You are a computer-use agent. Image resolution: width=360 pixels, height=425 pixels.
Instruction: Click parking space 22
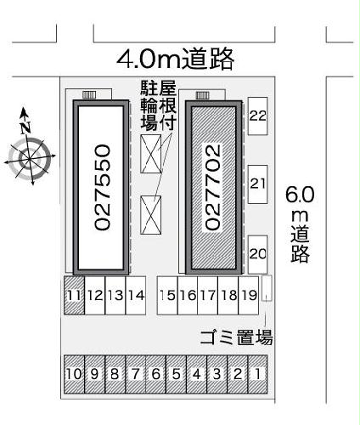tap(258, 116)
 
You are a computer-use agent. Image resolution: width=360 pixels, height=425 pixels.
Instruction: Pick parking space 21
tap(258, 184)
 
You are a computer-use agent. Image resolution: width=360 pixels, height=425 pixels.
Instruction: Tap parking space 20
tap(258, 252)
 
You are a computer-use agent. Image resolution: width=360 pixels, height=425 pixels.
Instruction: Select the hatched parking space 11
tap(74, 296)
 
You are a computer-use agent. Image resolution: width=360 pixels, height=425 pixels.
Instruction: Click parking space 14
tap(136, 296)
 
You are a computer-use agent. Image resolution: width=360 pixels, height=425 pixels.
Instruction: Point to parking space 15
tap(167, 296)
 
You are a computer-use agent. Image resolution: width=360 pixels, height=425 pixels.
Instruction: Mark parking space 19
tap(248, 296)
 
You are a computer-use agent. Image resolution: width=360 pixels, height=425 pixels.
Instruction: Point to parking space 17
tap(207, 296)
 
